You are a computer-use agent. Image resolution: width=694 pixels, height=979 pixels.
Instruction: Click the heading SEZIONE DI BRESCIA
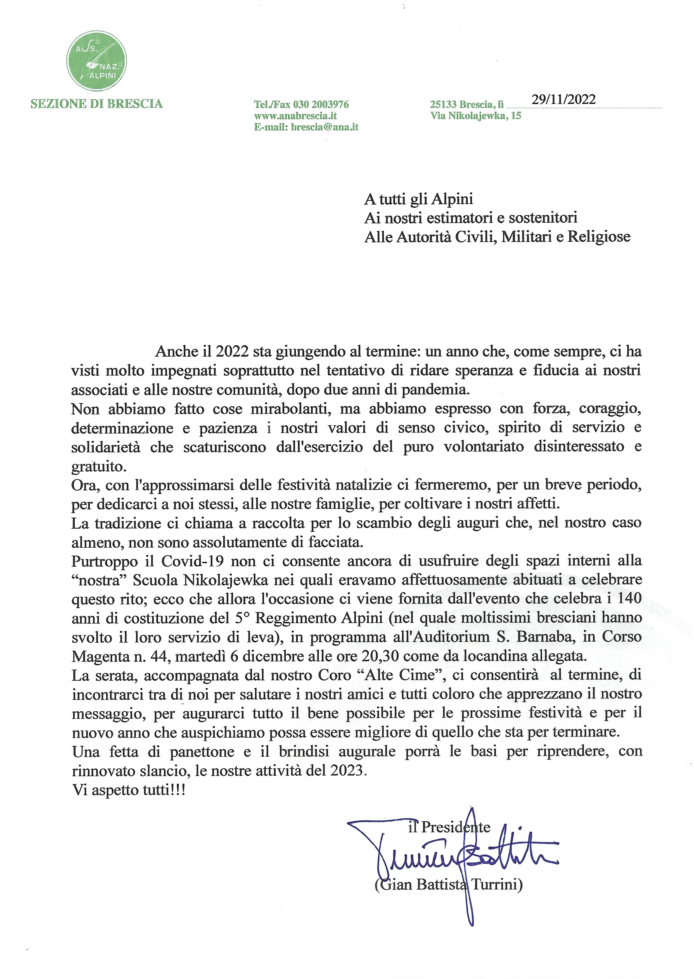tap(97, 104)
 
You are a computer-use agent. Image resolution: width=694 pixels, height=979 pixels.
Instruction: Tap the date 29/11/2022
tap(563, 99)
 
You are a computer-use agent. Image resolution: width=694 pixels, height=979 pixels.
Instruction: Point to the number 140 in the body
tap(629, 598)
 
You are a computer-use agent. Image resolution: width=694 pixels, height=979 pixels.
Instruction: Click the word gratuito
tap(99, 466)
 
